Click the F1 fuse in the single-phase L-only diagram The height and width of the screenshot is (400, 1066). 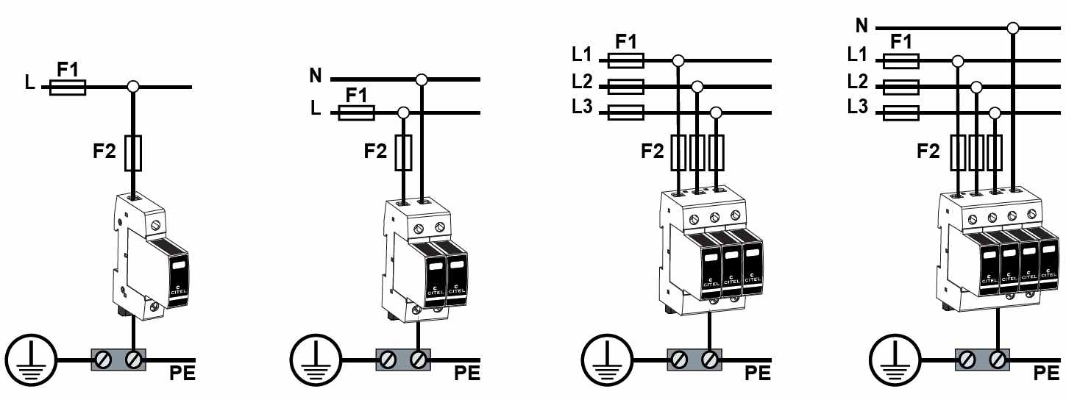coord(68,87)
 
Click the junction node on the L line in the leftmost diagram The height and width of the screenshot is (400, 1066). coord(133,87)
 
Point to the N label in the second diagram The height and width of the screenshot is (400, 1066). coord(316,75)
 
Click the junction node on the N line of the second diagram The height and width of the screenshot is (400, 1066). coord(421,79)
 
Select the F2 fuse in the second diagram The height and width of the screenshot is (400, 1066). coord(403,151)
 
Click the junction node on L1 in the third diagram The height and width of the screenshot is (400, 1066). coord(678,60)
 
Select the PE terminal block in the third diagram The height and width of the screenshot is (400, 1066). coord(693,360)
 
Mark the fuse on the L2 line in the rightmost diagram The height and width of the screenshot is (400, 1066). coord(900,87)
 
